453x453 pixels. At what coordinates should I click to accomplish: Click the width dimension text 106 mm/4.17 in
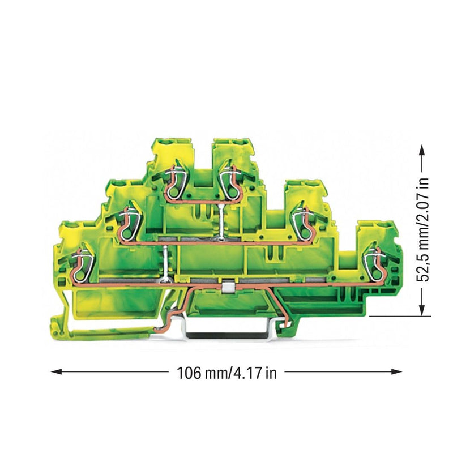tap(226, 373)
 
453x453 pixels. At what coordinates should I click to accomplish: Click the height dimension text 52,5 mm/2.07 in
tap(422, 230)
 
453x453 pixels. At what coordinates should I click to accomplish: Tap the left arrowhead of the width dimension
tap(56, 371)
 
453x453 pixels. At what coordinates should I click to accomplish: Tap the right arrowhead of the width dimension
tap(396, 371)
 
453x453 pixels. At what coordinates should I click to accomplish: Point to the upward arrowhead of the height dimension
tap(422, 150)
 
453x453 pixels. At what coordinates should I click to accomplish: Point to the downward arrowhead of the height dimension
tap(422, 310)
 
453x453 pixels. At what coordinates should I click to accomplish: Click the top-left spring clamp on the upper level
tap(174, 183)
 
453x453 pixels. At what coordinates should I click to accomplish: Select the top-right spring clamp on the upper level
tap(230, 183)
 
